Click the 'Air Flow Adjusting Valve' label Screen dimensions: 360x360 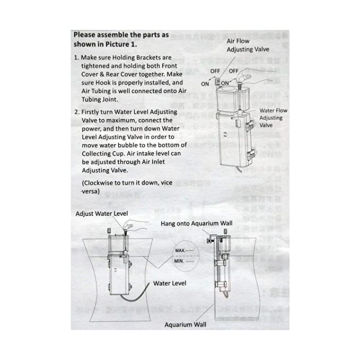click(248, 45)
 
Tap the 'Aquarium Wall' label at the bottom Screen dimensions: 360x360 click(186, 324)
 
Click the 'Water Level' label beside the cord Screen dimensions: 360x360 click(170, 284)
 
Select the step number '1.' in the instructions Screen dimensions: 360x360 click(77, 57)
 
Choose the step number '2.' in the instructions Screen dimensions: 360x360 click(77, 112)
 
